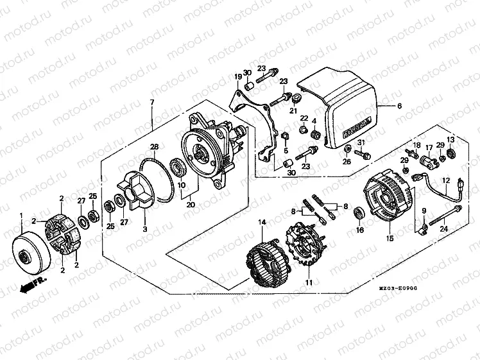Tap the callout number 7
coord(152,103)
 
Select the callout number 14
coord(262,223)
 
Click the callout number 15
coord(389,239)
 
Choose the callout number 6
coord(399,106)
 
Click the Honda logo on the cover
coord(357,128)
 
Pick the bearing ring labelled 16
coord(359,212)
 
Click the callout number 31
coord(361,143)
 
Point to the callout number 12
coord(446,180)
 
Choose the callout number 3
coord(144,229)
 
